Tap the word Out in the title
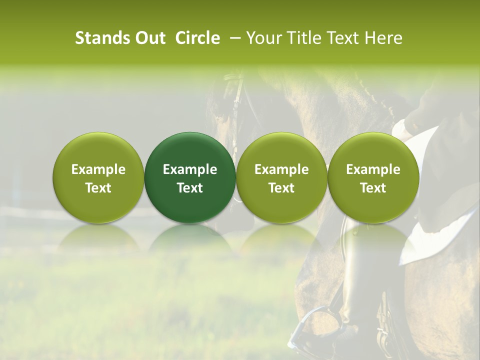(149, 38)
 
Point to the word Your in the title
(263, 38)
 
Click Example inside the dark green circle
(190, 170)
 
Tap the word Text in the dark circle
(190, 188)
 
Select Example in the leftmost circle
(98, 170)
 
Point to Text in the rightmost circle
(373, 188)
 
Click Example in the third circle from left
(281, 170)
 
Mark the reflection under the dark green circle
(190, 240)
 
